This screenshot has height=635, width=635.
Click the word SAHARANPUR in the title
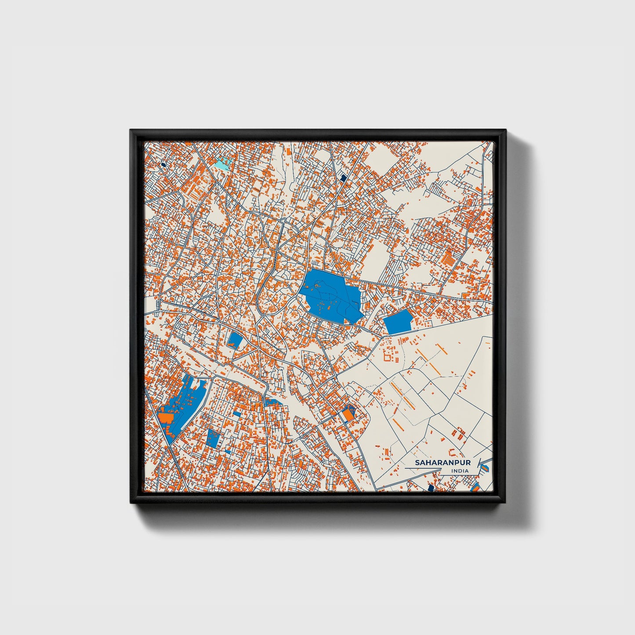(443, 463)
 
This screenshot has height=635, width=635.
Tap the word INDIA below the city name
(460, 471)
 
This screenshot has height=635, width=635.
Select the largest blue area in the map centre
(330, 296)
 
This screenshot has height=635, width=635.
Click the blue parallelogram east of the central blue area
(398, 322)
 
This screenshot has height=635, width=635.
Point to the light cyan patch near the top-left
(223, 164)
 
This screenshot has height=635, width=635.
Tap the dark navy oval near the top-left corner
(163, 164)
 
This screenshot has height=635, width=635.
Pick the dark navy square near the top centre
(343, 178)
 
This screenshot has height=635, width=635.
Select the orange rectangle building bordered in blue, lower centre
(348, 414)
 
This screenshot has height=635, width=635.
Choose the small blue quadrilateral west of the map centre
(235, 339)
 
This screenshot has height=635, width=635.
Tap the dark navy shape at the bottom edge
(431, 488)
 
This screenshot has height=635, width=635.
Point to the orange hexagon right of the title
(485, 468)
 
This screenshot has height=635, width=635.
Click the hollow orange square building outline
(388, 355)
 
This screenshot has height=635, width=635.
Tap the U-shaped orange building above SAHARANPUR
(454, 452)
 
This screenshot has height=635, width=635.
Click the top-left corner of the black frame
(131, 130)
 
